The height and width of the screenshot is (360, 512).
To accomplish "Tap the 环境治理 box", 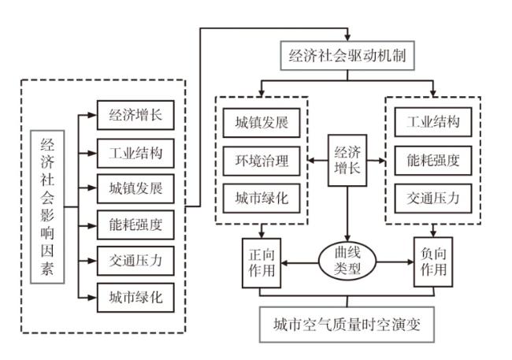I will pyautogui.click(x=262, y=161).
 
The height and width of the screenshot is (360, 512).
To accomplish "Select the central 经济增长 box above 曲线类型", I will pyautogui.click(x=347, y=161).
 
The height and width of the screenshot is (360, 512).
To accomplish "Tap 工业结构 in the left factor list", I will pyautogui.click(x=135, y=153).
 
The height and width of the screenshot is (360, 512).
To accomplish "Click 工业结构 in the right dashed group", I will pyautogui.click(x=432, y=124).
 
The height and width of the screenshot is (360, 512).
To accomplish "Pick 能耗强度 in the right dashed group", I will pyautogui.click(x=432, y=161).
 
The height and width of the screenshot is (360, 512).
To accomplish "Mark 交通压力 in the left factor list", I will pyautogui.click(x=135, y=262).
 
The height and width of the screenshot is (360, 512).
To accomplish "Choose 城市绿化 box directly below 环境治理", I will pyautogui.click(x=262, y=199).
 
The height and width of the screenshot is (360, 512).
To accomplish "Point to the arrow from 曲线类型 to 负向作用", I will pyautogui.click(x=395, y=260).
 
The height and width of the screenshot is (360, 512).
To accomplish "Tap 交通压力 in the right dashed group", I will pyautogui.click(x=432, y=198).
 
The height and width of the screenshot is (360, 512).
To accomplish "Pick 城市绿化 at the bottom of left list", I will pyautogui.click(x=135, y=298).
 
